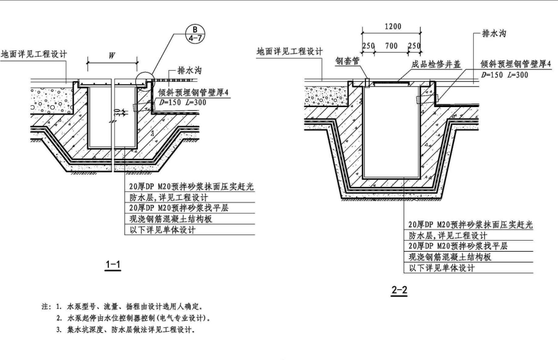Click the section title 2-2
(x=399, y=290)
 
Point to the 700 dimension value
(x=391, y=46)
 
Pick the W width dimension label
(x=112, y=55)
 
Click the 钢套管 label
(x=347, y=62)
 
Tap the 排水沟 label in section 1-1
(x=189, y=71)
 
